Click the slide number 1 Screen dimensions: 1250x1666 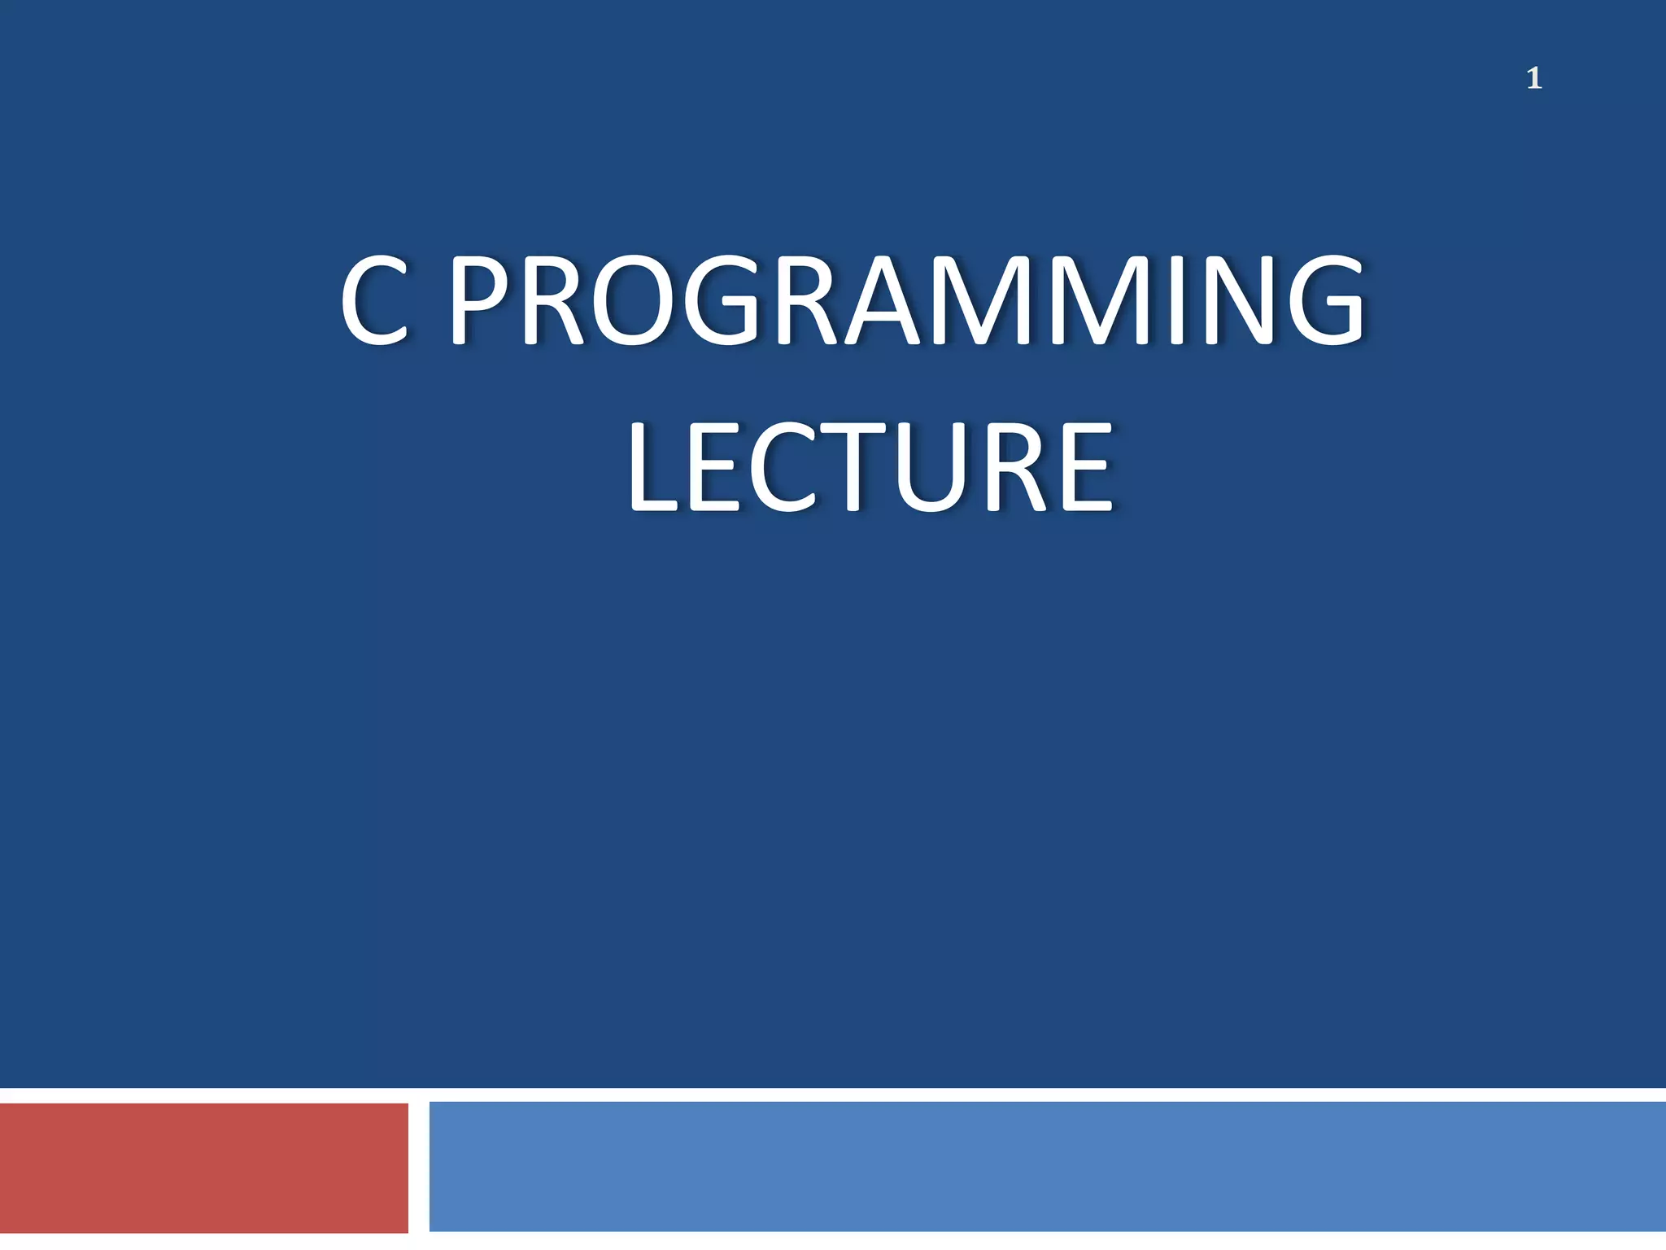coord(1534,79)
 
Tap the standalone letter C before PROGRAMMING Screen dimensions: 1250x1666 coord(374,301)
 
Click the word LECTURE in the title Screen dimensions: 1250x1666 coord(870,468)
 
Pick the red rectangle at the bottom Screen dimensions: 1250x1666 coord(203,1167)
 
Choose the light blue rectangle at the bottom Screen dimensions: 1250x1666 coord(1047,1167)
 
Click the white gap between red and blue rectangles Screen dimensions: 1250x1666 coord(418,1167)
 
